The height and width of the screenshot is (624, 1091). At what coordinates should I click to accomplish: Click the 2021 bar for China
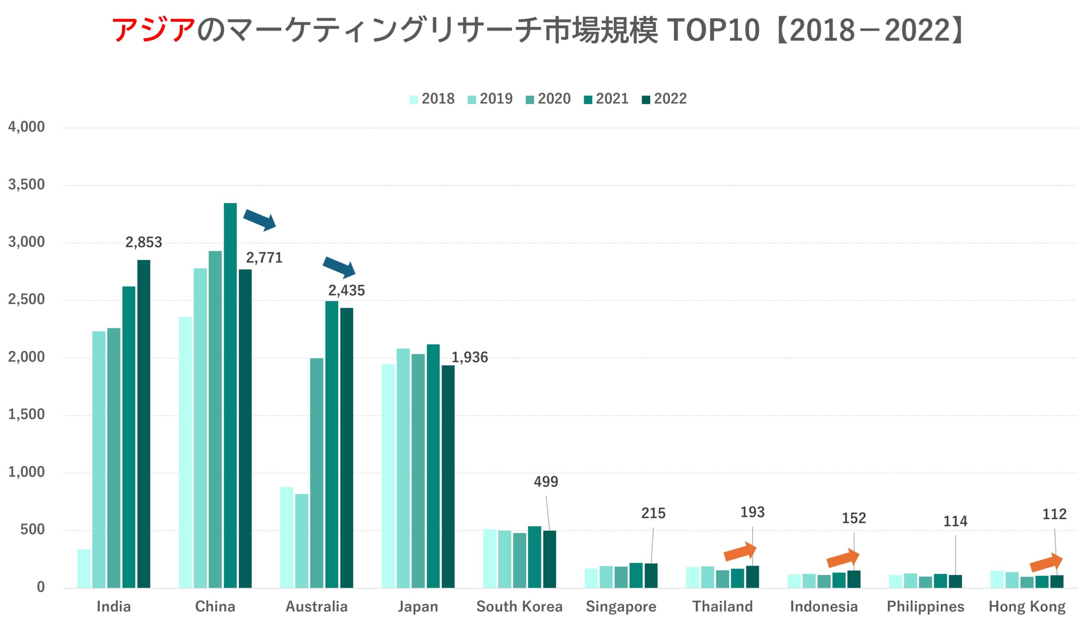(x=230, y=394)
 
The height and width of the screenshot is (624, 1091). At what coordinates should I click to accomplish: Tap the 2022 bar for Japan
(x=448, y=476)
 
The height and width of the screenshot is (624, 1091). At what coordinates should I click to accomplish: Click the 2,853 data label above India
(x=144, y=242)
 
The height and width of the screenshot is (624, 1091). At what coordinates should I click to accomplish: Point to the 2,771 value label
(x=264, y=258)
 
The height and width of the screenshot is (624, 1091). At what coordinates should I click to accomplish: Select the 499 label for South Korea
(x=546, y=482)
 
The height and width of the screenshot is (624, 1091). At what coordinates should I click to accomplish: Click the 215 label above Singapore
(x=653, y=513)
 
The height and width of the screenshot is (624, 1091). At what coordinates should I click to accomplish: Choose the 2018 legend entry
(x=432, y=99)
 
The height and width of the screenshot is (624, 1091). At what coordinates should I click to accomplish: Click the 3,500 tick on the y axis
(x=26, y=185)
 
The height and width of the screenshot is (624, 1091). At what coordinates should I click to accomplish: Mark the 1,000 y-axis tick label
(x=26, y=472)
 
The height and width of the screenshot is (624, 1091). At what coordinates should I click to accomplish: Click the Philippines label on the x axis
(x=925, y=607)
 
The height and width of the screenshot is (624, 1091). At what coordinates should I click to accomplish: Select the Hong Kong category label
(x=1027, y=607)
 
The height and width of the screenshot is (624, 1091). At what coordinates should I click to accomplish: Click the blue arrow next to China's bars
(x=260, y=220)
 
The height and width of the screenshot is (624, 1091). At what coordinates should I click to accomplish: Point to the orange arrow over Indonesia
(x=843, y=558)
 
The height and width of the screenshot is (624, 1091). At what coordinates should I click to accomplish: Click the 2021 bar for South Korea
(x=534, y=557)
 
